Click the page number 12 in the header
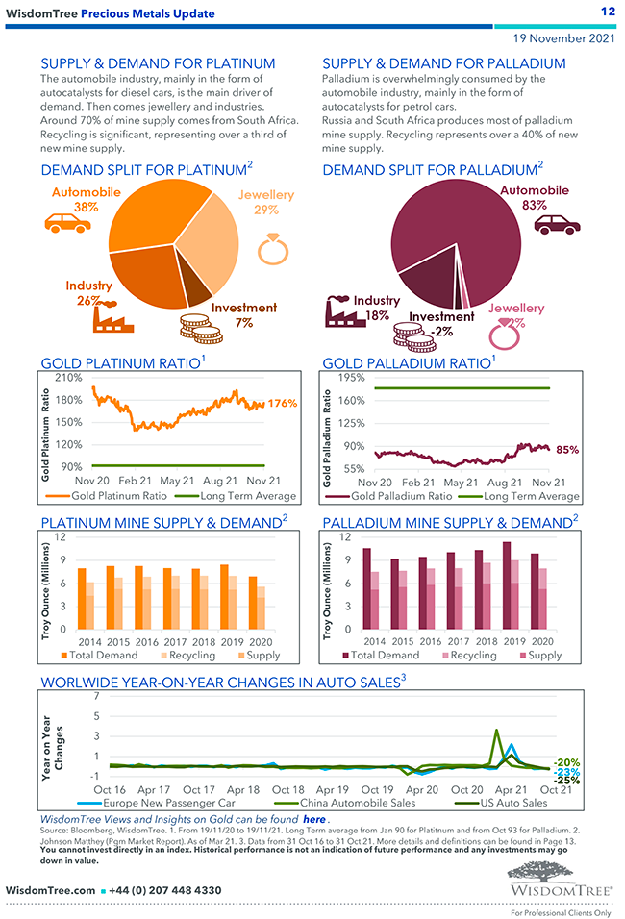tap(607, 12)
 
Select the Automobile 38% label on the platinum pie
tap(86, 199)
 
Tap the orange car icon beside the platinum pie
tap(67, 223)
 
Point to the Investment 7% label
tap(243, 315)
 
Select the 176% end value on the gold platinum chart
tap(282, 404)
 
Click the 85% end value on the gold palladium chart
tap(567, 449)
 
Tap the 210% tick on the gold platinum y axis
tap(68, 377)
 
